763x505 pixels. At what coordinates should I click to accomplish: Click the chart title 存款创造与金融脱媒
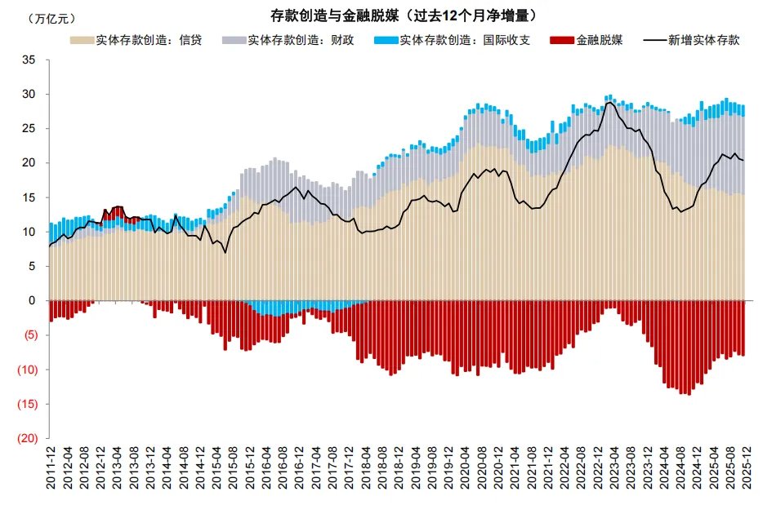[x=404, y=16]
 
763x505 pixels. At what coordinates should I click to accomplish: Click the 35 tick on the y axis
[x=29, y=60]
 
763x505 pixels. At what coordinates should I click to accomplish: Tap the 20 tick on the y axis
[x=29, y=163]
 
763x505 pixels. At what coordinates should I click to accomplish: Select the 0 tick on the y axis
[x=33, y=301]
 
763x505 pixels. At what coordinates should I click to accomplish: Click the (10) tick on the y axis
[x=28, y=370]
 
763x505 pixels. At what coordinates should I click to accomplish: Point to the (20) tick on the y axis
[x=28, y=438]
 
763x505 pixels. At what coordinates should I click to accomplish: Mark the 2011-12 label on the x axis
[x=51, y=472]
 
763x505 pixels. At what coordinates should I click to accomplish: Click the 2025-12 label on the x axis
[x=744, y=472]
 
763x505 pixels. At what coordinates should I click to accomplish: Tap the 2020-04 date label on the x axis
[x=463, y=472]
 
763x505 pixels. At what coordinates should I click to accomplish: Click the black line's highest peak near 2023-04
[x=609, y=102]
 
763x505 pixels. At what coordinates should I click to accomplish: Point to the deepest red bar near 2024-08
[x=685, y=395]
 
